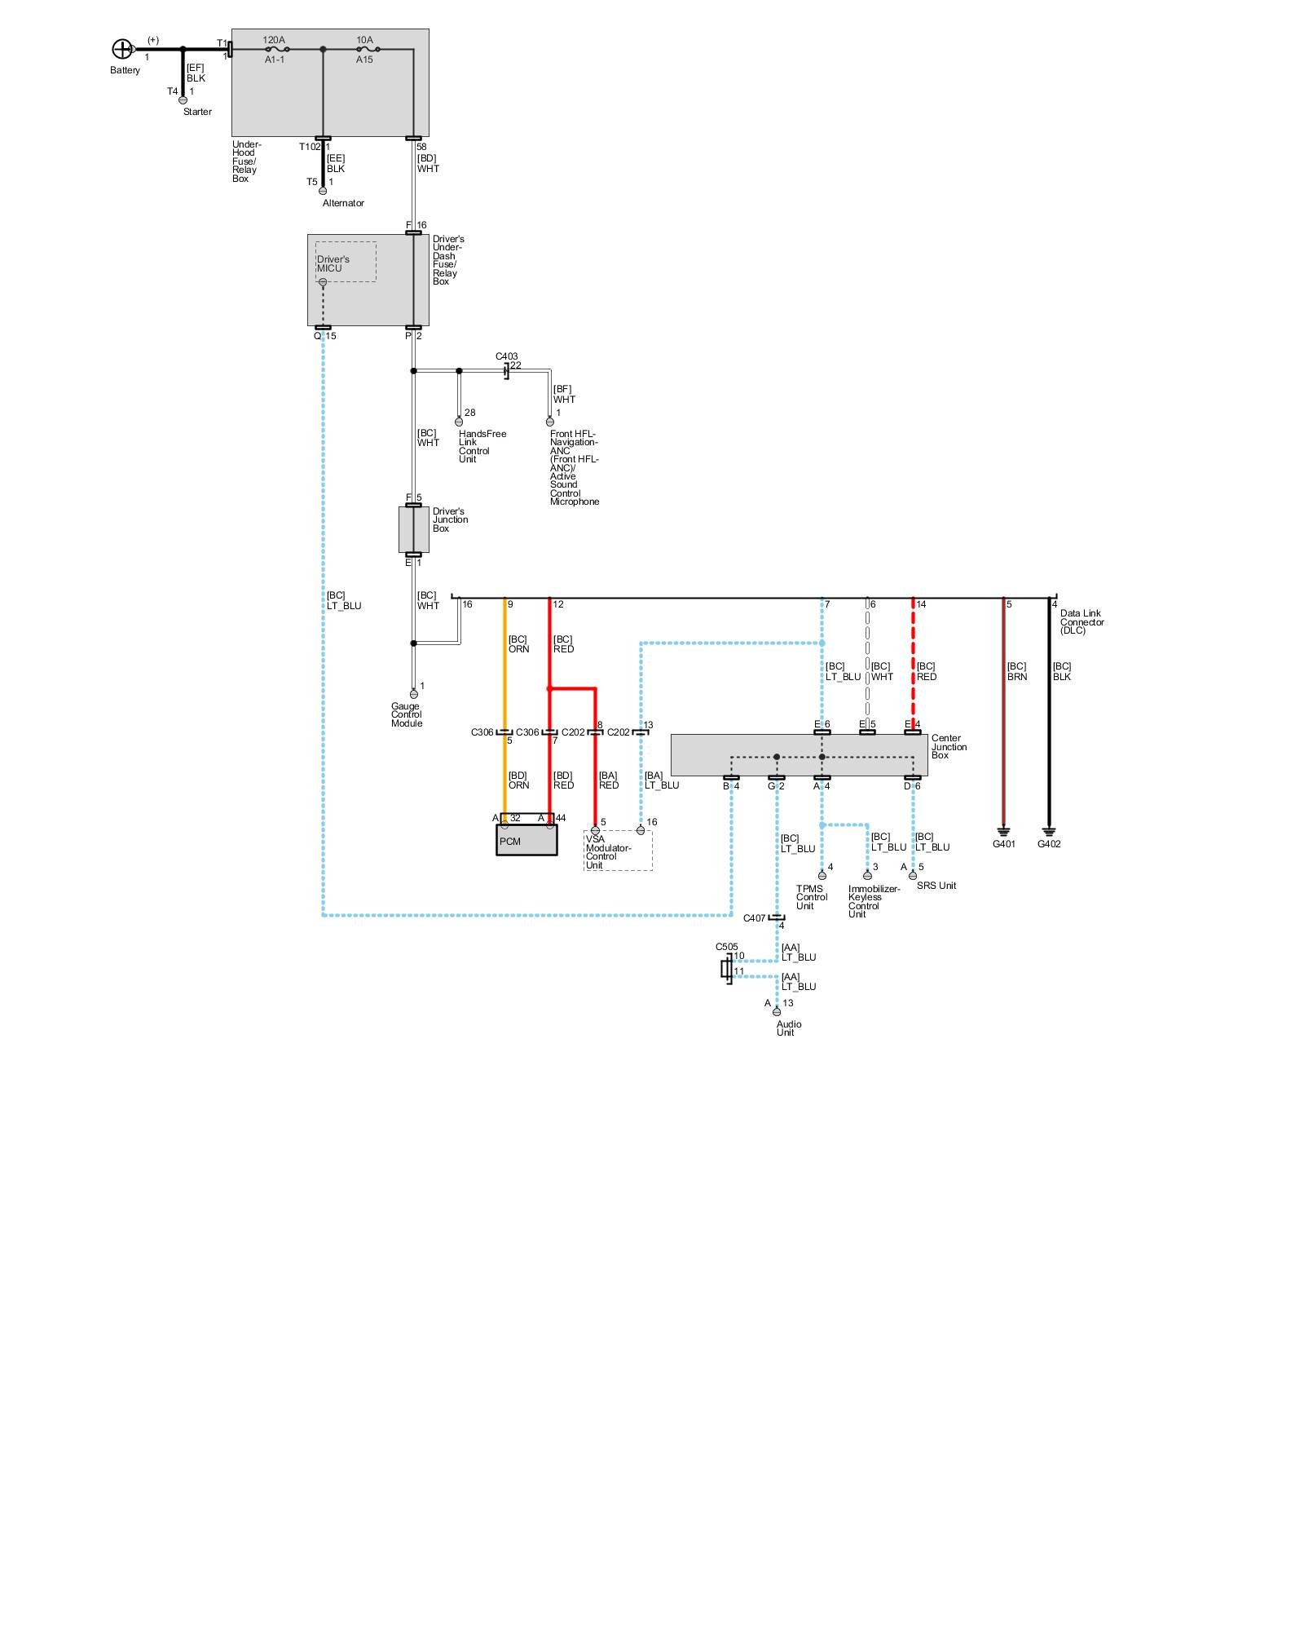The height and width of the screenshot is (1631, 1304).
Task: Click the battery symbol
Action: click(121, 49)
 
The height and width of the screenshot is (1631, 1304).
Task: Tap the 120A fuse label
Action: click(274, 40)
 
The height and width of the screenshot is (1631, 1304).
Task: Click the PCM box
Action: click(526, 841)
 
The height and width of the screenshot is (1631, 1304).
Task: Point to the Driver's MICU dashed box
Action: click(346, 262)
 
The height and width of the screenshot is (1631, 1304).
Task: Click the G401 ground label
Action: click(1003, 844)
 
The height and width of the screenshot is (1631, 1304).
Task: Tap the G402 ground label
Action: click(1049, 844)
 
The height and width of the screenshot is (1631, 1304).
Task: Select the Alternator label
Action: click(343, 203)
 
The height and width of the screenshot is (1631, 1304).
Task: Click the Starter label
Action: click(197, 112)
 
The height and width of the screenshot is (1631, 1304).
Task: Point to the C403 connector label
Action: click(506, 356)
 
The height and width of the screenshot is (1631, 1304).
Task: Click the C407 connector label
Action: click(754, 918)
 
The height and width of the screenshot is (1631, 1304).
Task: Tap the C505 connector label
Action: click(726, 947)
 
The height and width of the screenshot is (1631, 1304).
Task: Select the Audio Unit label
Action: click(788, 1028)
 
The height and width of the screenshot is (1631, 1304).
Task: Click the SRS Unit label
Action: click(936, 886)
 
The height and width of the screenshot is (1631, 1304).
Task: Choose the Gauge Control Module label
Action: click(406, 715)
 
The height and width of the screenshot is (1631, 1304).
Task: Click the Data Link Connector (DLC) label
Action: click(1082, 621)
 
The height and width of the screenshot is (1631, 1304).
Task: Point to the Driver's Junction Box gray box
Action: click(413, 529)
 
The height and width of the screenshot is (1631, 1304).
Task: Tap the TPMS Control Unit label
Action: click(811, 897)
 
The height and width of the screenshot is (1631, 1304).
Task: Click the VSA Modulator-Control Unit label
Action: click(607, 852)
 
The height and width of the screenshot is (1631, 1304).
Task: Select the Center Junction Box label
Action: click(949, 747)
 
